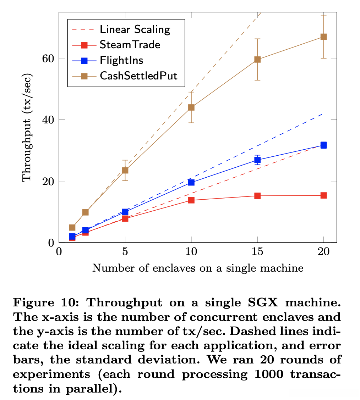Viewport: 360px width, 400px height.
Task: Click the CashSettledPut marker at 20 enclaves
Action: click(x=323, y=37)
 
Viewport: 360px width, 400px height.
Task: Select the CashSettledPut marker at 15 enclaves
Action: click(x=257, y=60)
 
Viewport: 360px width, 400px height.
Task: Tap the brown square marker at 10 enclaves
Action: click(x=191, y=107)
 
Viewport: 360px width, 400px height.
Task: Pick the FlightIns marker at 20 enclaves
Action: click(x=323, y=145)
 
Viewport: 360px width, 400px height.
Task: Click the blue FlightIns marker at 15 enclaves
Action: click(x=257, y=160)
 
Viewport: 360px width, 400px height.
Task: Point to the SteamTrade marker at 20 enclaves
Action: click(x=323, y=195)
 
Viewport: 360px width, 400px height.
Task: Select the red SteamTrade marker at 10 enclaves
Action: click(x=191, y=200)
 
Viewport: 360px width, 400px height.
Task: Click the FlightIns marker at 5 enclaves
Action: click(x=125, y=212)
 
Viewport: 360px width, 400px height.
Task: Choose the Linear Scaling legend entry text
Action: click(x=135, y=29)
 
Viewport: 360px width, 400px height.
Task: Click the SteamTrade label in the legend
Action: click(x=130, y=45)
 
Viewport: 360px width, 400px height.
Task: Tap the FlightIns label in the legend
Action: click(x=121, y=60)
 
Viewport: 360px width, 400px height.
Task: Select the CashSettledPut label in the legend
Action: click(x=138, y=76)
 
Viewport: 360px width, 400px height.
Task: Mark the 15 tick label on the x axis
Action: click(x=257, y=252)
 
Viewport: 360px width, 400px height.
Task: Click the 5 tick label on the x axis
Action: click(x=125, y=252)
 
